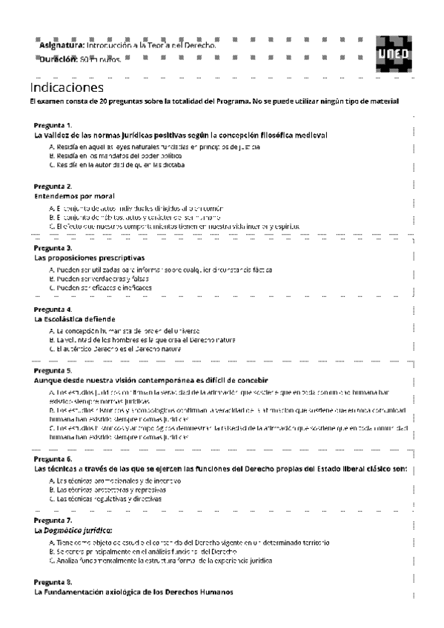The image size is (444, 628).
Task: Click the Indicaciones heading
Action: pyautogui.click(x=67, y=87)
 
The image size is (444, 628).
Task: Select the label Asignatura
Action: pyautogui.click(x=62, y=45)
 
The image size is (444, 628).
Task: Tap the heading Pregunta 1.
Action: pyautogui.click(x=53, y=125)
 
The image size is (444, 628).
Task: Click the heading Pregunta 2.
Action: pyautogui.click(x=53, y=186)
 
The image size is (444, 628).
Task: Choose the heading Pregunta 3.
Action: pyautogui.click(x=53, y=247)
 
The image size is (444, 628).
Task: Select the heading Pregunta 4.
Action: pyautogui.click(x=53, y=309)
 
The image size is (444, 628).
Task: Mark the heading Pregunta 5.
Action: pyautogui.click(x=53, y=370)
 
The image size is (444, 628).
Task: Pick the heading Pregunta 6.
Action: pyautogui.click(x=53, y=459)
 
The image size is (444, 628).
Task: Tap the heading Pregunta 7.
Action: pyautogui.click(x=53, y=521)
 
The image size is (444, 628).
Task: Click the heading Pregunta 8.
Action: pyautogui.click(x=53, y=582)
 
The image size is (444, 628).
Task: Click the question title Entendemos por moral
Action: pyautogui.click(x=74, y=196)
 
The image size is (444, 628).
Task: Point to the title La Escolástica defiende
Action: pyautogui.click(x=74, y=319)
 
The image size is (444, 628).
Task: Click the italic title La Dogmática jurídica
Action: pyautogui.click(x=73, y=531)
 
